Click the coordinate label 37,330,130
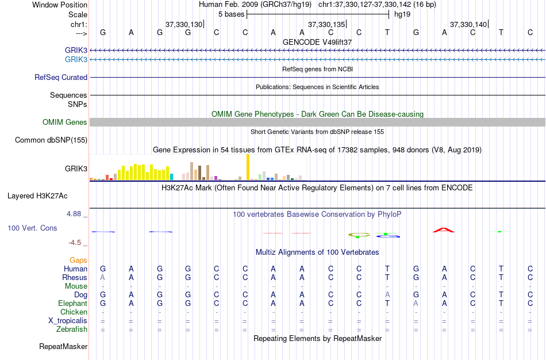click(183, 25)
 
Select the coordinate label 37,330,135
click(326, 25)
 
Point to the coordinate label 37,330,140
click(468, 25)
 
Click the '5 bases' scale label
click(231, 14)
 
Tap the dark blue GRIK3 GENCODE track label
click(76, 51)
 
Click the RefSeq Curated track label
click(61, 77)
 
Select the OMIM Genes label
click(65, 122)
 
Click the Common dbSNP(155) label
click(51, 140)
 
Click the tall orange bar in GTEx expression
click(248, 167)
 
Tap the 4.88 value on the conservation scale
click(76, 214)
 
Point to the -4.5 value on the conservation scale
click(78, 243)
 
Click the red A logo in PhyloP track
click(444, 230)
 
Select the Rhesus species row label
click(75, 277)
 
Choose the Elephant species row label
click(72, 303)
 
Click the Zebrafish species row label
click(72, 329)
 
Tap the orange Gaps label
click(78, 260)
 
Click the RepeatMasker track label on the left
click(63, 347)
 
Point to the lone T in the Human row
click(387, 269)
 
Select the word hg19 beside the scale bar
click(402, 14)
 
